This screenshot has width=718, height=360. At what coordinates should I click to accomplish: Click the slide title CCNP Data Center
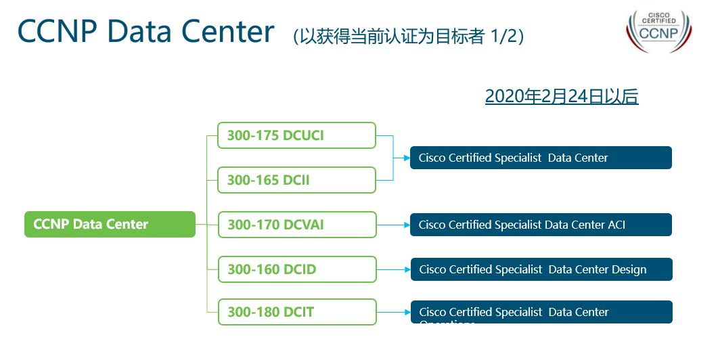click(145, 32)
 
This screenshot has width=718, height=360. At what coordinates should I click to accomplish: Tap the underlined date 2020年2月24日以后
click(561, 97)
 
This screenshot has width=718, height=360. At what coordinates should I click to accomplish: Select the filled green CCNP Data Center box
click(110, 224)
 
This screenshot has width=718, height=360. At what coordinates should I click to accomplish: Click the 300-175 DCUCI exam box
click(296, 135)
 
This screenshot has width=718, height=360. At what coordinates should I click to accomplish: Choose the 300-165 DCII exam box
click(296, 180)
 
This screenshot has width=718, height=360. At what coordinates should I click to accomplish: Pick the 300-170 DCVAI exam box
click(296, 225)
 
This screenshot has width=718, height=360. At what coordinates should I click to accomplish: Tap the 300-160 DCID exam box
click(296, 269)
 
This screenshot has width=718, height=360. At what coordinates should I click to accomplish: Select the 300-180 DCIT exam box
click(296, 312)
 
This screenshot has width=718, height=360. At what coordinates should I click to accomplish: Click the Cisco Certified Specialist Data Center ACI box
click(541, 225)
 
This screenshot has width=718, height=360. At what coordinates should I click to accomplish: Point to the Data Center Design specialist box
click(541, 269)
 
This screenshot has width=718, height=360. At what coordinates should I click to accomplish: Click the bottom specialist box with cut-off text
click(541, 312)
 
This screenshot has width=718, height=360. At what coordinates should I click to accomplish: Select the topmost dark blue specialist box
click(541, 158)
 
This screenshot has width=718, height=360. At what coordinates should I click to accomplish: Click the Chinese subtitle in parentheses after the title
click(409, 36)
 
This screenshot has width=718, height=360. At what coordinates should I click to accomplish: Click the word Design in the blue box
click(629, 269)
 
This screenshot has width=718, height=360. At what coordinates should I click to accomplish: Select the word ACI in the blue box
click(616, 225)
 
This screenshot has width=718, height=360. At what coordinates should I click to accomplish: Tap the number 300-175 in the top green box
click(252, 135)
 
